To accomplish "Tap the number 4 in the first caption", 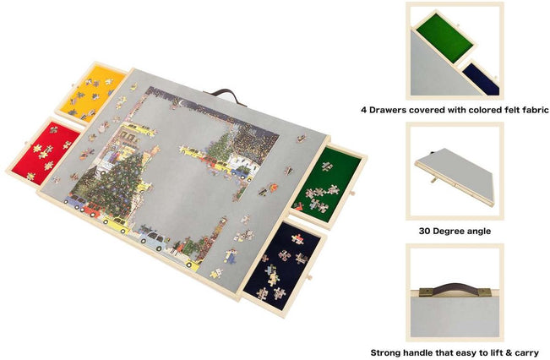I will click(x=364, y=110).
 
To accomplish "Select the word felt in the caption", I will click(x=512, y=110).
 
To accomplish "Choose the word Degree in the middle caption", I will click(x=452, y=231).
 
